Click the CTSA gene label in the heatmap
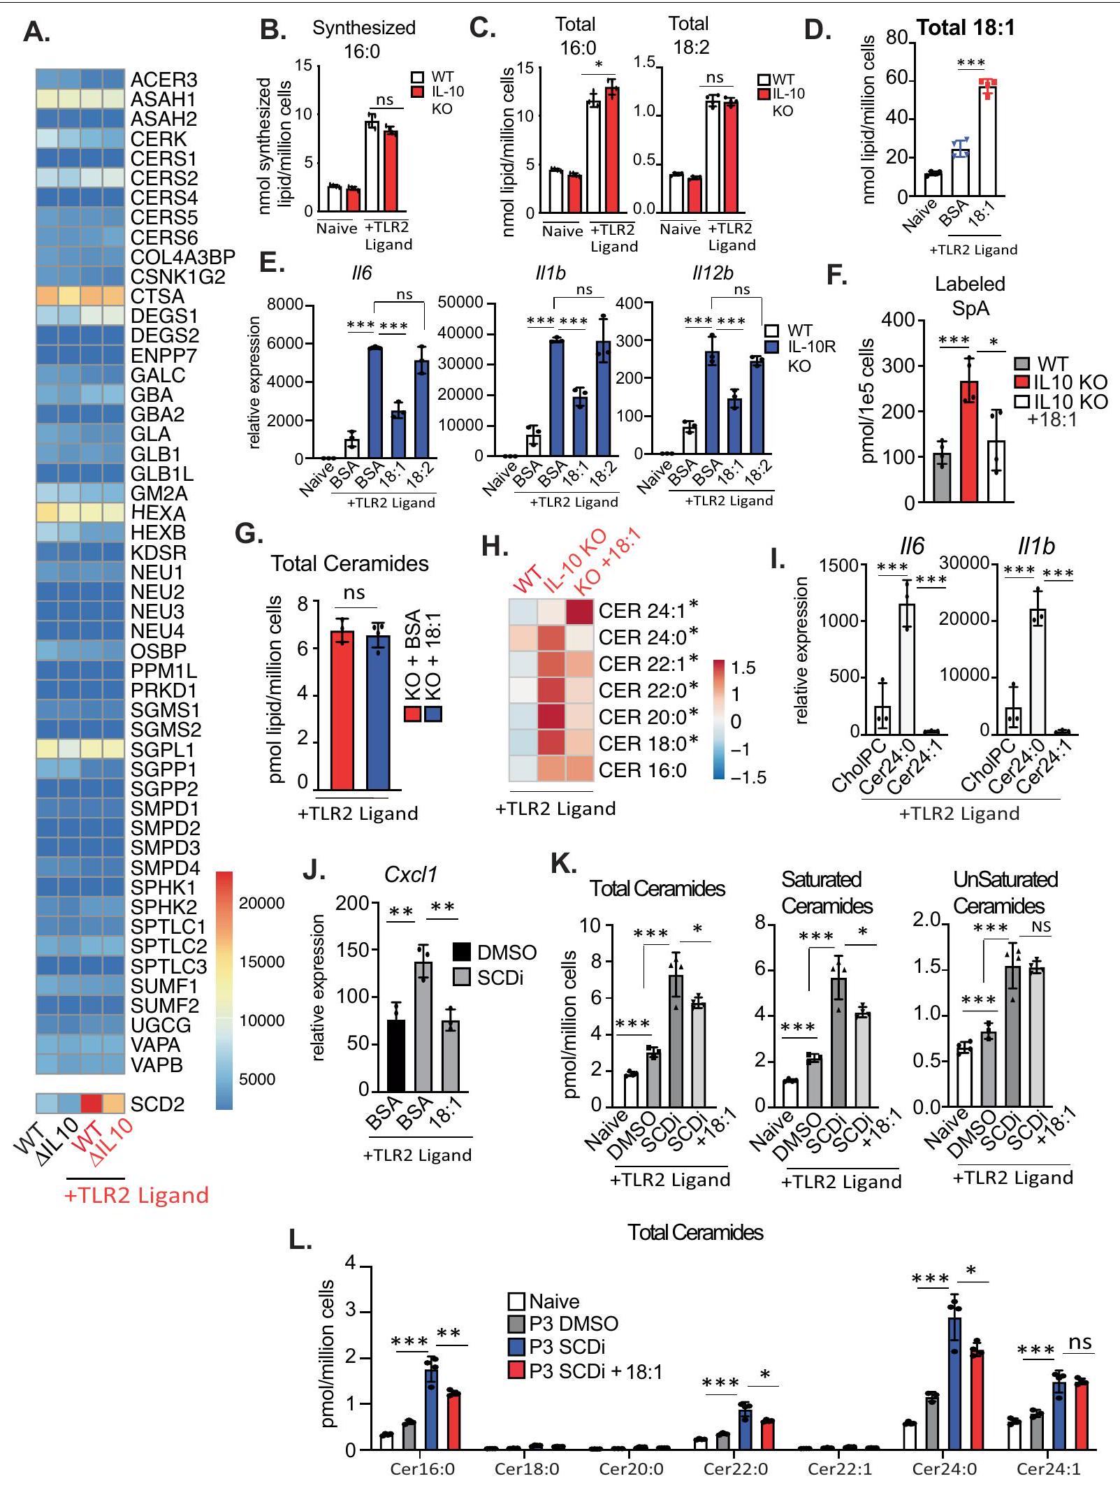[x=157, y=296]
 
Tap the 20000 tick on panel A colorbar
[x=261, y=903]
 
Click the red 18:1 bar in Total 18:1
[x=987, y=140]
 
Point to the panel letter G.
[x=249, y=533]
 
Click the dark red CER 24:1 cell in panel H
[x=580, y=611]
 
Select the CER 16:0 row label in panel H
[x=642, y=770]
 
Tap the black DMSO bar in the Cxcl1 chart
[x=395, y=1055]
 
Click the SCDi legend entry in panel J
[x=489, y=977]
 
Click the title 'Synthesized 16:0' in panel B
[x=363, y=38]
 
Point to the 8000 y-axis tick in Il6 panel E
[x=284, y=305]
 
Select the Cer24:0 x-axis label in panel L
[x=944, y=1468]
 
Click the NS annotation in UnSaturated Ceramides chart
[x=1041, y=927]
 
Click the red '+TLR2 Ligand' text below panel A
[x=136, y=1195]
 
